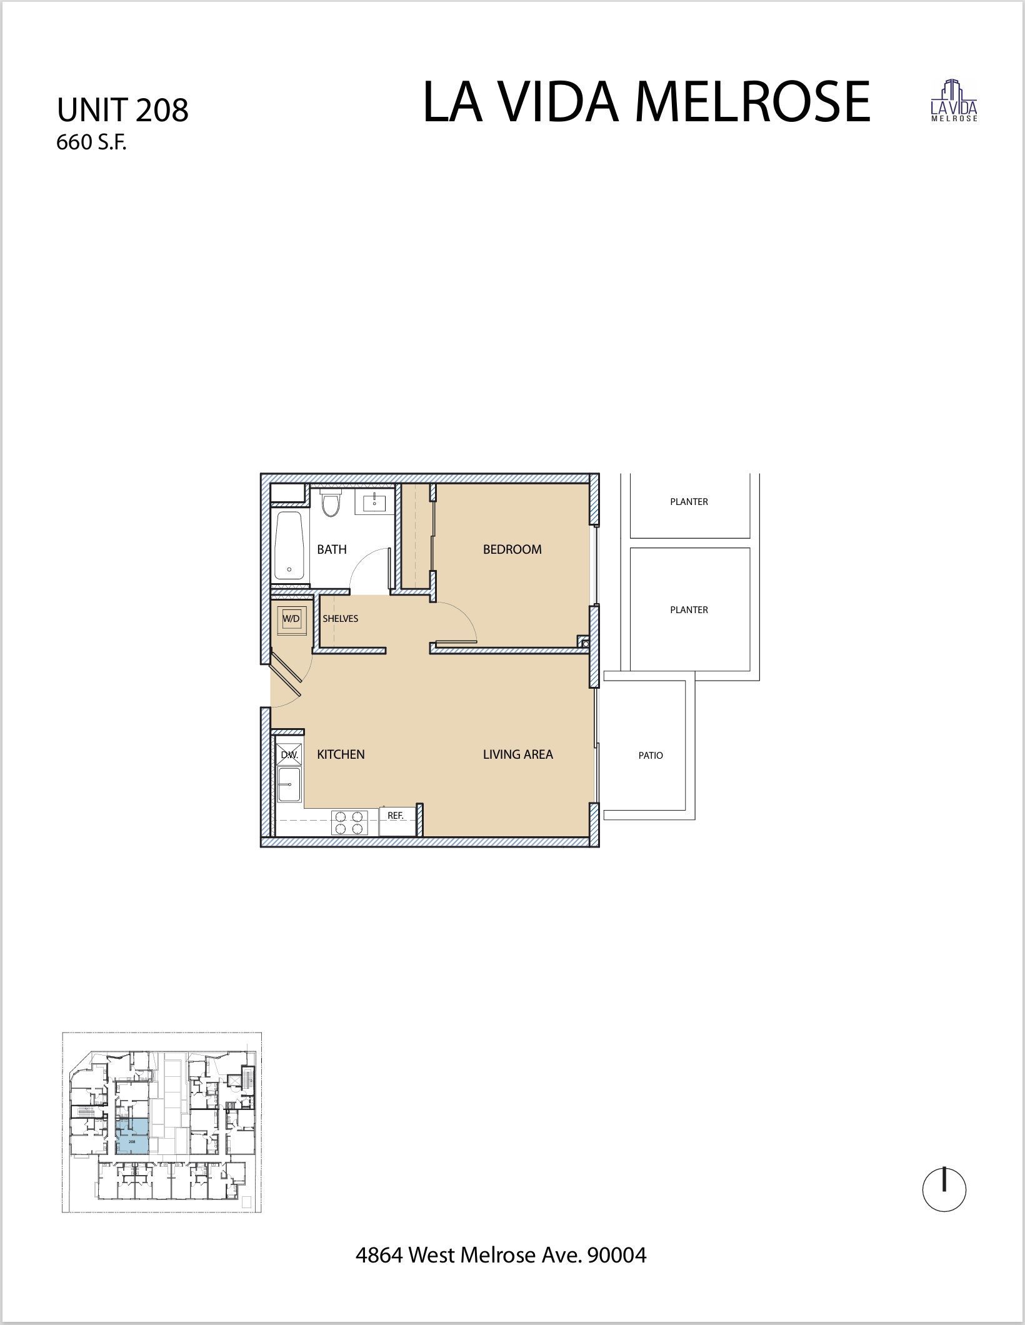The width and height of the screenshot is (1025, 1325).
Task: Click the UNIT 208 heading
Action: point(122,111)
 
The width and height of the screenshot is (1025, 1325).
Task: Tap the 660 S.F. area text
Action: point(91,143)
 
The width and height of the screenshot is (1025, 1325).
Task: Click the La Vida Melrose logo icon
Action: point(954,101)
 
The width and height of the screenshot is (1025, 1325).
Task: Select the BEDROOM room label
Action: point(512,549)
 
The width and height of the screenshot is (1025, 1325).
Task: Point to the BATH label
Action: point(331,549)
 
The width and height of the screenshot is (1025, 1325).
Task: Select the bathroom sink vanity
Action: point(374,501)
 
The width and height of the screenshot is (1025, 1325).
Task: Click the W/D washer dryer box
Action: point(291,619)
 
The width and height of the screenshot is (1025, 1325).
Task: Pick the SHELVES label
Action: point(340,619)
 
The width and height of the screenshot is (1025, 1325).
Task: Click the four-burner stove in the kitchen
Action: point(349,822)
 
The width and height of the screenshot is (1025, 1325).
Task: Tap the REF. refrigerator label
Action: point(396,816)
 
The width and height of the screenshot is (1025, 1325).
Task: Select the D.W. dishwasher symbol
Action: point(289,755)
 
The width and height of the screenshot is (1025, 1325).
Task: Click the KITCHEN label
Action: point(341,754)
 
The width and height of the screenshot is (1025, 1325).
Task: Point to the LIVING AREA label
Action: point(517,754)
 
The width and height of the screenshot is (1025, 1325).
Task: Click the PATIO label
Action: point(650,755)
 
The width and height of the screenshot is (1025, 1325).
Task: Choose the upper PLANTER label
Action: point(689,501)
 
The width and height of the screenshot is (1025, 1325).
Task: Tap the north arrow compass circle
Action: point(944,1190)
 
